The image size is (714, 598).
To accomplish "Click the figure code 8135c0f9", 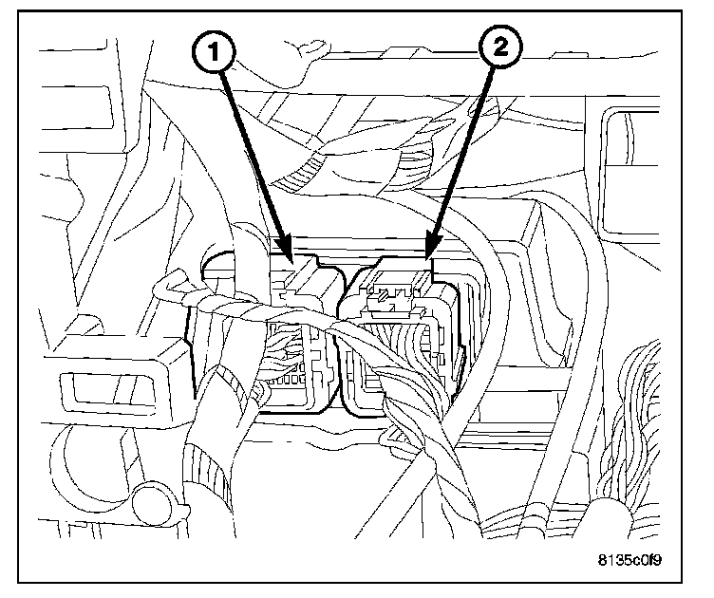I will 629,559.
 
